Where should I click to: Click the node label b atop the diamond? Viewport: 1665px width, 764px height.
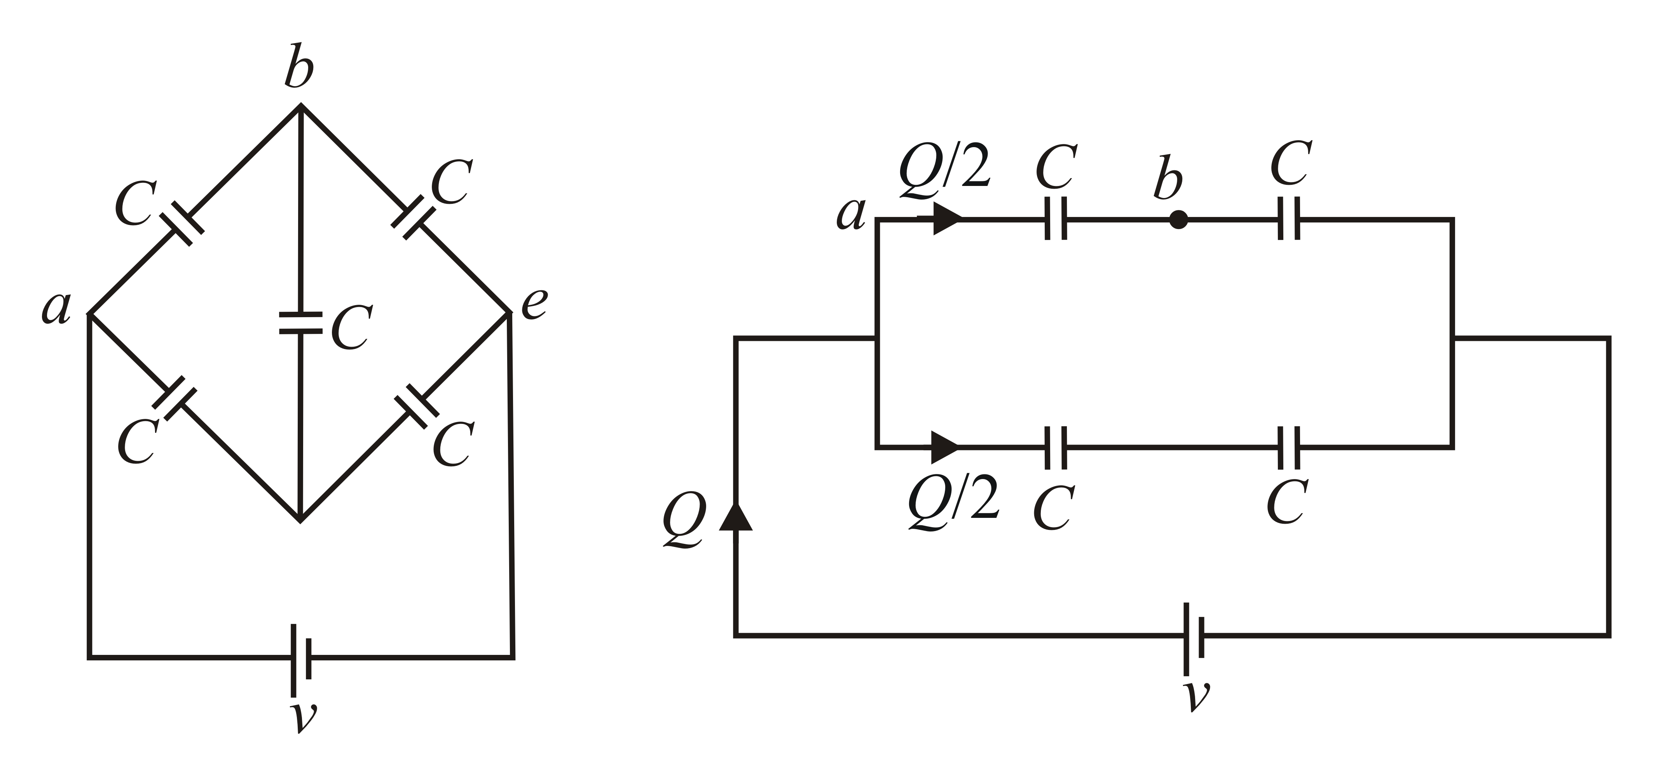tap(299, 66)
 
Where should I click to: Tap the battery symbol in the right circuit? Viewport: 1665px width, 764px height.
tap(1193, 637)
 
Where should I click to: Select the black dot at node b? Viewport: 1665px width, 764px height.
tap(1178, 220)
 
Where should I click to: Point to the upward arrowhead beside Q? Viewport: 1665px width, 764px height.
tap(736, 517)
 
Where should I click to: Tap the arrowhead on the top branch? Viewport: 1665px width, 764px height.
tap(946, 220)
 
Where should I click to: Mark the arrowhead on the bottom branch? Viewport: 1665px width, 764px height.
tap(944, 447)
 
